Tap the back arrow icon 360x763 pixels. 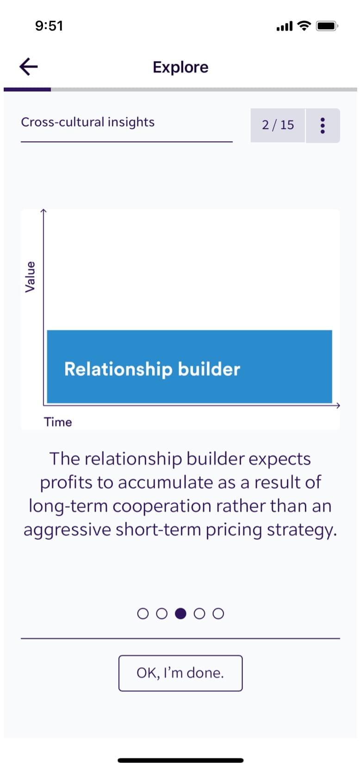click(x=29, y=66)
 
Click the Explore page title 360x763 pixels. click(x=180, y=68)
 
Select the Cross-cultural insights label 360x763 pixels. click(x=88, y=122)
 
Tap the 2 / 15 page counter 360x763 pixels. click(x=278, y=125)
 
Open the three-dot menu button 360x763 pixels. click(x=323, y=125)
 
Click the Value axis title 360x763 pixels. click(x=30, y=276)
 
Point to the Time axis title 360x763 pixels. click(x=58, y=422)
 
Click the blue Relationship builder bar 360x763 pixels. click(x=189, y=367)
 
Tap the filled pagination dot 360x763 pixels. click(x=180, y=613)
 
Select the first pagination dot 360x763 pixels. click(x=143, y=613)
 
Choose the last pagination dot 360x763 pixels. click(x=218, y=613)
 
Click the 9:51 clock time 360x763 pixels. click(x=49, y=26)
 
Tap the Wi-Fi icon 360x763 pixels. click(x=304, y=25)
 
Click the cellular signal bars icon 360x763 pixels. click(x=285, y=26)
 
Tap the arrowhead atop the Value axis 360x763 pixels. click(x=43, y=211)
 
